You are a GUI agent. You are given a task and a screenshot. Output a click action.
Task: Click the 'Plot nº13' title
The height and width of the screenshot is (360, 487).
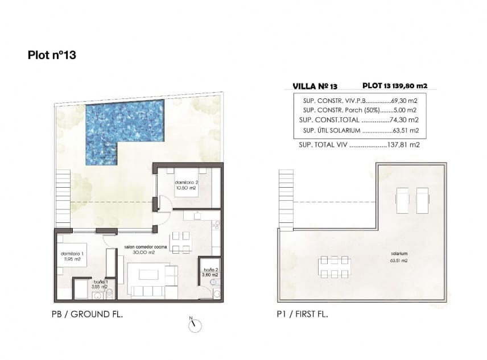(52, 55)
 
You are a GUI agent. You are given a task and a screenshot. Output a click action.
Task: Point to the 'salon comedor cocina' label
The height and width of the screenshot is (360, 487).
(145, 249)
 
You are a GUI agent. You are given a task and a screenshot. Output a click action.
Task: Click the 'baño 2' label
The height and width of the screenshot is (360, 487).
(210, 272)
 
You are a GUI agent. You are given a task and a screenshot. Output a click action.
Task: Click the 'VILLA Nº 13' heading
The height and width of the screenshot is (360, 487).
(315, 86)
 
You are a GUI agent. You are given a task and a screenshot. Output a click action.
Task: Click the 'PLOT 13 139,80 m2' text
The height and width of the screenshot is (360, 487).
(394, 86)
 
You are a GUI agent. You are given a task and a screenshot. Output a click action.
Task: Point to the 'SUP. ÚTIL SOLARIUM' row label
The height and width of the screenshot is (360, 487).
(329, 130)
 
